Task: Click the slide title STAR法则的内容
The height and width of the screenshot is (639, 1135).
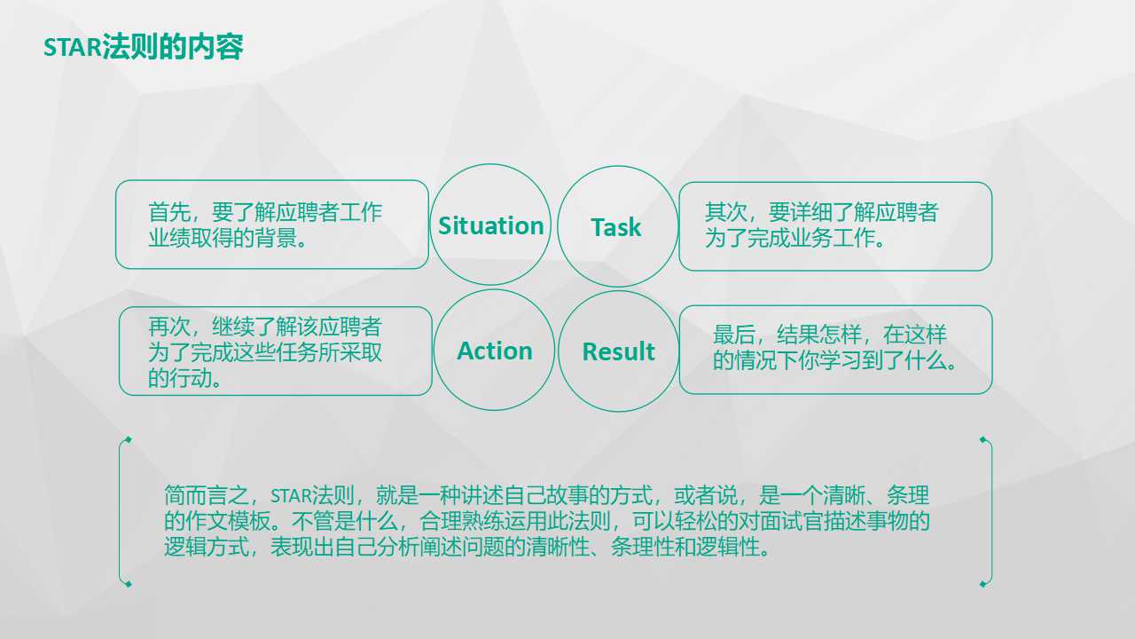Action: [144, 48]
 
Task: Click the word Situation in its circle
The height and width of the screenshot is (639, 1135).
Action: [490, 225]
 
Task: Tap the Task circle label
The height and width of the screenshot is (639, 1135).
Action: [615, 227]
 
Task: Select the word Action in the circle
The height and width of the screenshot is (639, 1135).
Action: [494, 351]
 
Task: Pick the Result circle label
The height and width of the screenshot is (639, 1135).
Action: [618, 351]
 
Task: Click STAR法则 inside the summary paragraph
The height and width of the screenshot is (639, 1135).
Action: [313, 495]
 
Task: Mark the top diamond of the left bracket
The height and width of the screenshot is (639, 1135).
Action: [128, 439]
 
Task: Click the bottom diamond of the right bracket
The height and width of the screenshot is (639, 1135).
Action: [982, 583]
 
